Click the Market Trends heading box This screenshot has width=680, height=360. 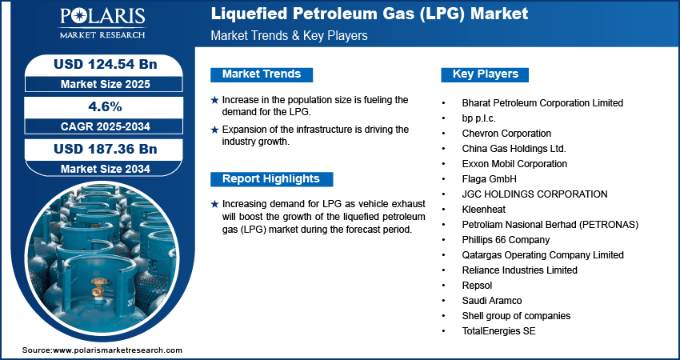click(262, 74)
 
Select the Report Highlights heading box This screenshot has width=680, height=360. click(270, 179)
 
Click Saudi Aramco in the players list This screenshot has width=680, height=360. click(491, 300)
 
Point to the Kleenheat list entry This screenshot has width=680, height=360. click(484, 209)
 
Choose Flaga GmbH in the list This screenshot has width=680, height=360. click(489, 178)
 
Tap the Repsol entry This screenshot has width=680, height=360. click(477, 285)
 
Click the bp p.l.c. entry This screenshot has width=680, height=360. click(480, 118)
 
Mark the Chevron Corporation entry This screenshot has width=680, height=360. click(506, 133)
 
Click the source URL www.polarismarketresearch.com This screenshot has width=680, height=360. click(118, 350)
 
